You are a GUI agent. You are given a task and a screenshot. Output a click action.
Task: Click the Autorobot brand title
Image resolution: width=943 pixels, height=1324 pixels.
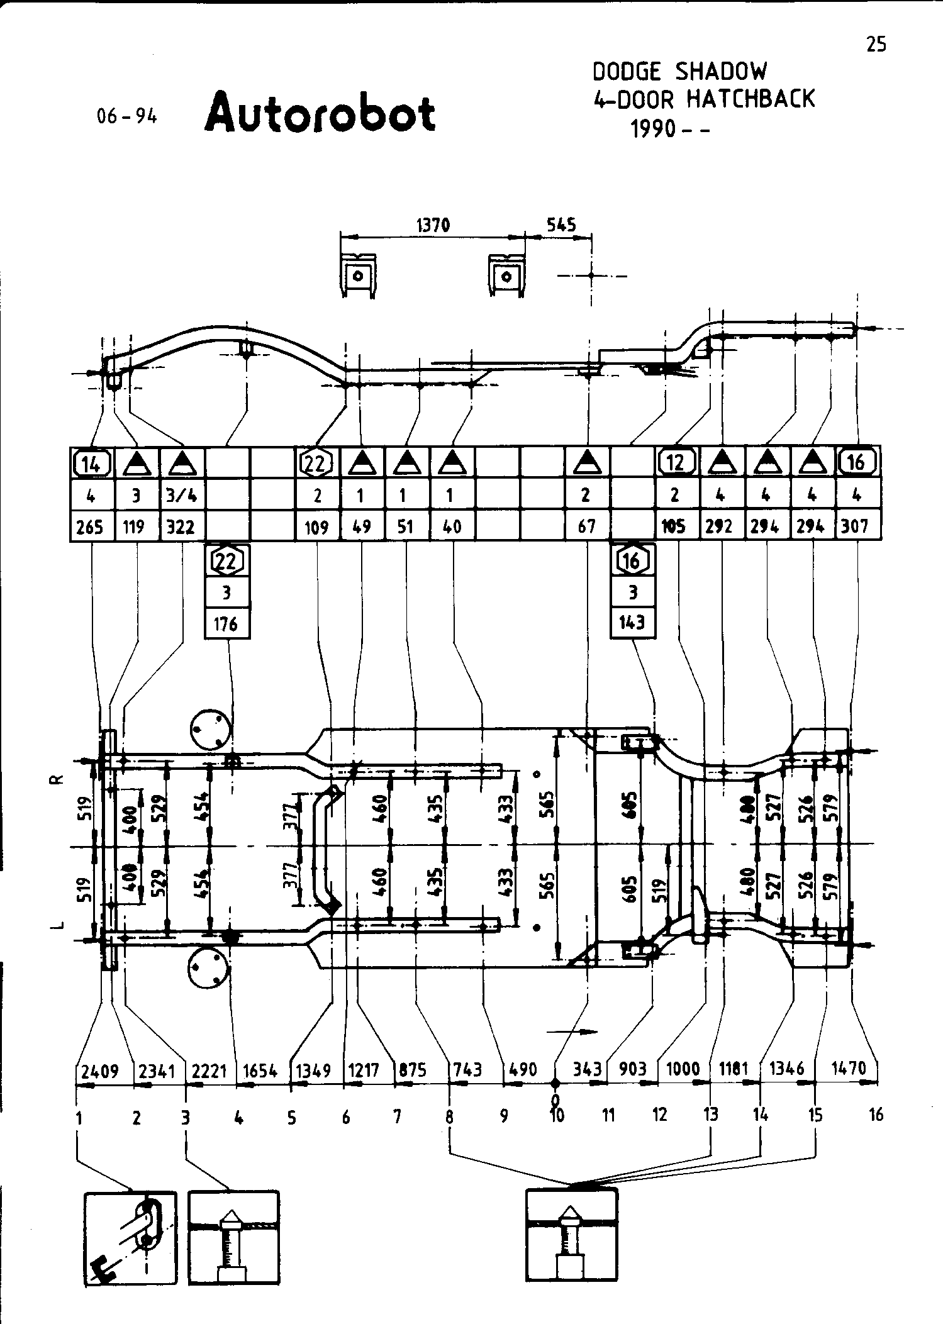[320, 113]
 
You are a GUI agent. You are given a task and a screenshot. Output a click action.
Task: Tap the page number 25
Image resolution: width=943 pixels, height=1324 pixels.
[876, 45]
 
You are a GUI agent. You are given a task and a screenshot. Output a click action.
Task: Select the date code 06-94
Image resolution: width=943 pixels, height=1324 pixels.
[126, 116]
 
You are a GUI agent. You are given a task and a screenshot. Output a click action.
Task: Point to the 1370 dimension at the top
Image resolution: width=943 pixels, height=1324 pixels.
[433, 225]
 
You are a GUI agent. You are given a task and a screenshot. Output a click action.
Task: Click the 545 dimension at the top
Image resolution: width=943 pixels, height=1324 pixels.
[561, 225]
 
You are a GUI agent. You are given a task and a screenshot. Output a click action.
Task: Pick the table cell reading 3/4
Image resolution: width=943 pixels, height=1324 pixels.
[181, 495]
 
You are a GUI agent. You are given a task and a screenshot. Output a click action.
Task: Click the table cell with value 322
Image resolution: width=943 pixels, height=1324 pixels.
[181, 526]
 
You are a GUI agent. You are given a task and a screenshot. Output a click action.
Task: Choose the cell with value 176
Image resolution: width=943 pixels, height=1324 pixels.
[226, 623]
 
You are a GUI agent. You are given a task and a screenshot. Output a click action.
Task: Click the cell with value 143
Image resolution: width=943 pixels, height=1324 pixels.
[632, 623]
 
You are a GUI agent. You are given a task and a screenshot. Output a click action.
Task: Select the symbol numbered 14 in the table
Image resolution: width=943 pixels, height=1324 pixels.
[92, 464]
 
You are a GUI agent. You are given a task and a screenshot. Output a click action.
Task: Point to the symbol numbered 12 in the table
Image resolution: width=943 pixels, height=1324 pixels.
[676, 463]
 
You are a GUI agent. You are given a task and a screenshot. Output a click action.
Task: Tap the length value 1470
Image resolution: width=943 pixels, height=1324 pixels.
[849, 1067]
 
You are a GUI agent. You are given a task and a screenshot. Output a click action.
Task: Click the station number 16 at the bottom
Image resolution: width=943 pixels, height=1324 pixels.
[876, 1115]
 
